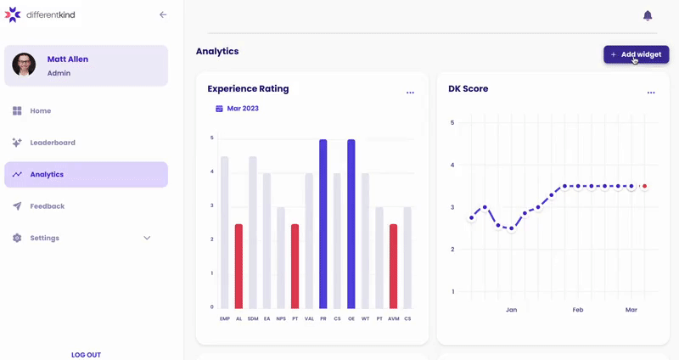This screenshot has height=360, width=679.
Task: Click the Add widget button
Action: click(636, 54)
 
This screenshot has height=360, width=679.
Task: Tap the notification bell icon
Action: click(648, 15)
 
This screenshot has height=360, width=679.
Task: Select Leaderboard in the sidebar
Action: click(53, 143)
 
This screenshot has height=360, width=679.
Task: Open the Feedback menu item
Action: click(47, 206)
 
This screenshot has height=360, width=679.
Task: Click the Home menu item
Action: click(41, 110)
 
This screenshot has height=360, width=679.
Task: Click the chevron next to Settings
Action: click(147, 238)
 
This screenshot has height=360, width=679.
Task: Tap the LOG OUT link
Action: click(86, 355)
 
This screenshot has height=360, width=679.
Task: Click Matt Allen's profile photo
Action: click(24, 65)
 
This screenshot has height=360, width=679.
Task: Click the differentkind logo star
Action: click(13, 14)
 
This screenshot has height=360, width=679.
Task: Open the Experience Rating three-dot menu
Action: click(410, 93)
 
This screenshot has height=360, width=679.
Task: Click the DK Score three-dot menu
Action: click(651, 93)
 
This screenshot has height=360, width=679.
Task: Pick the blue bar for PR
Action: click(323, 224)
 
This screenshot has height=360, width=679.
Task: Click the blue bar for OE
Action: click(351, 224)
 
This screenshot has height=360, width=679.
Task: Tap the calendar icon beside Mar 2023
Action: click(219, 109)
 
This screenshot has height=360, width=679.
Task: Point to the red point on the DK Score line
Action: click(644, 186)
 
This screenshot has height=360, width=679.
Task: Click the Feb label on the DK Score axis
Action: click(578, 310)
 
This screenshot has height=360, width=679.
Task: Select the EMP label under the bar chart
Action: click(224, 318)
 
